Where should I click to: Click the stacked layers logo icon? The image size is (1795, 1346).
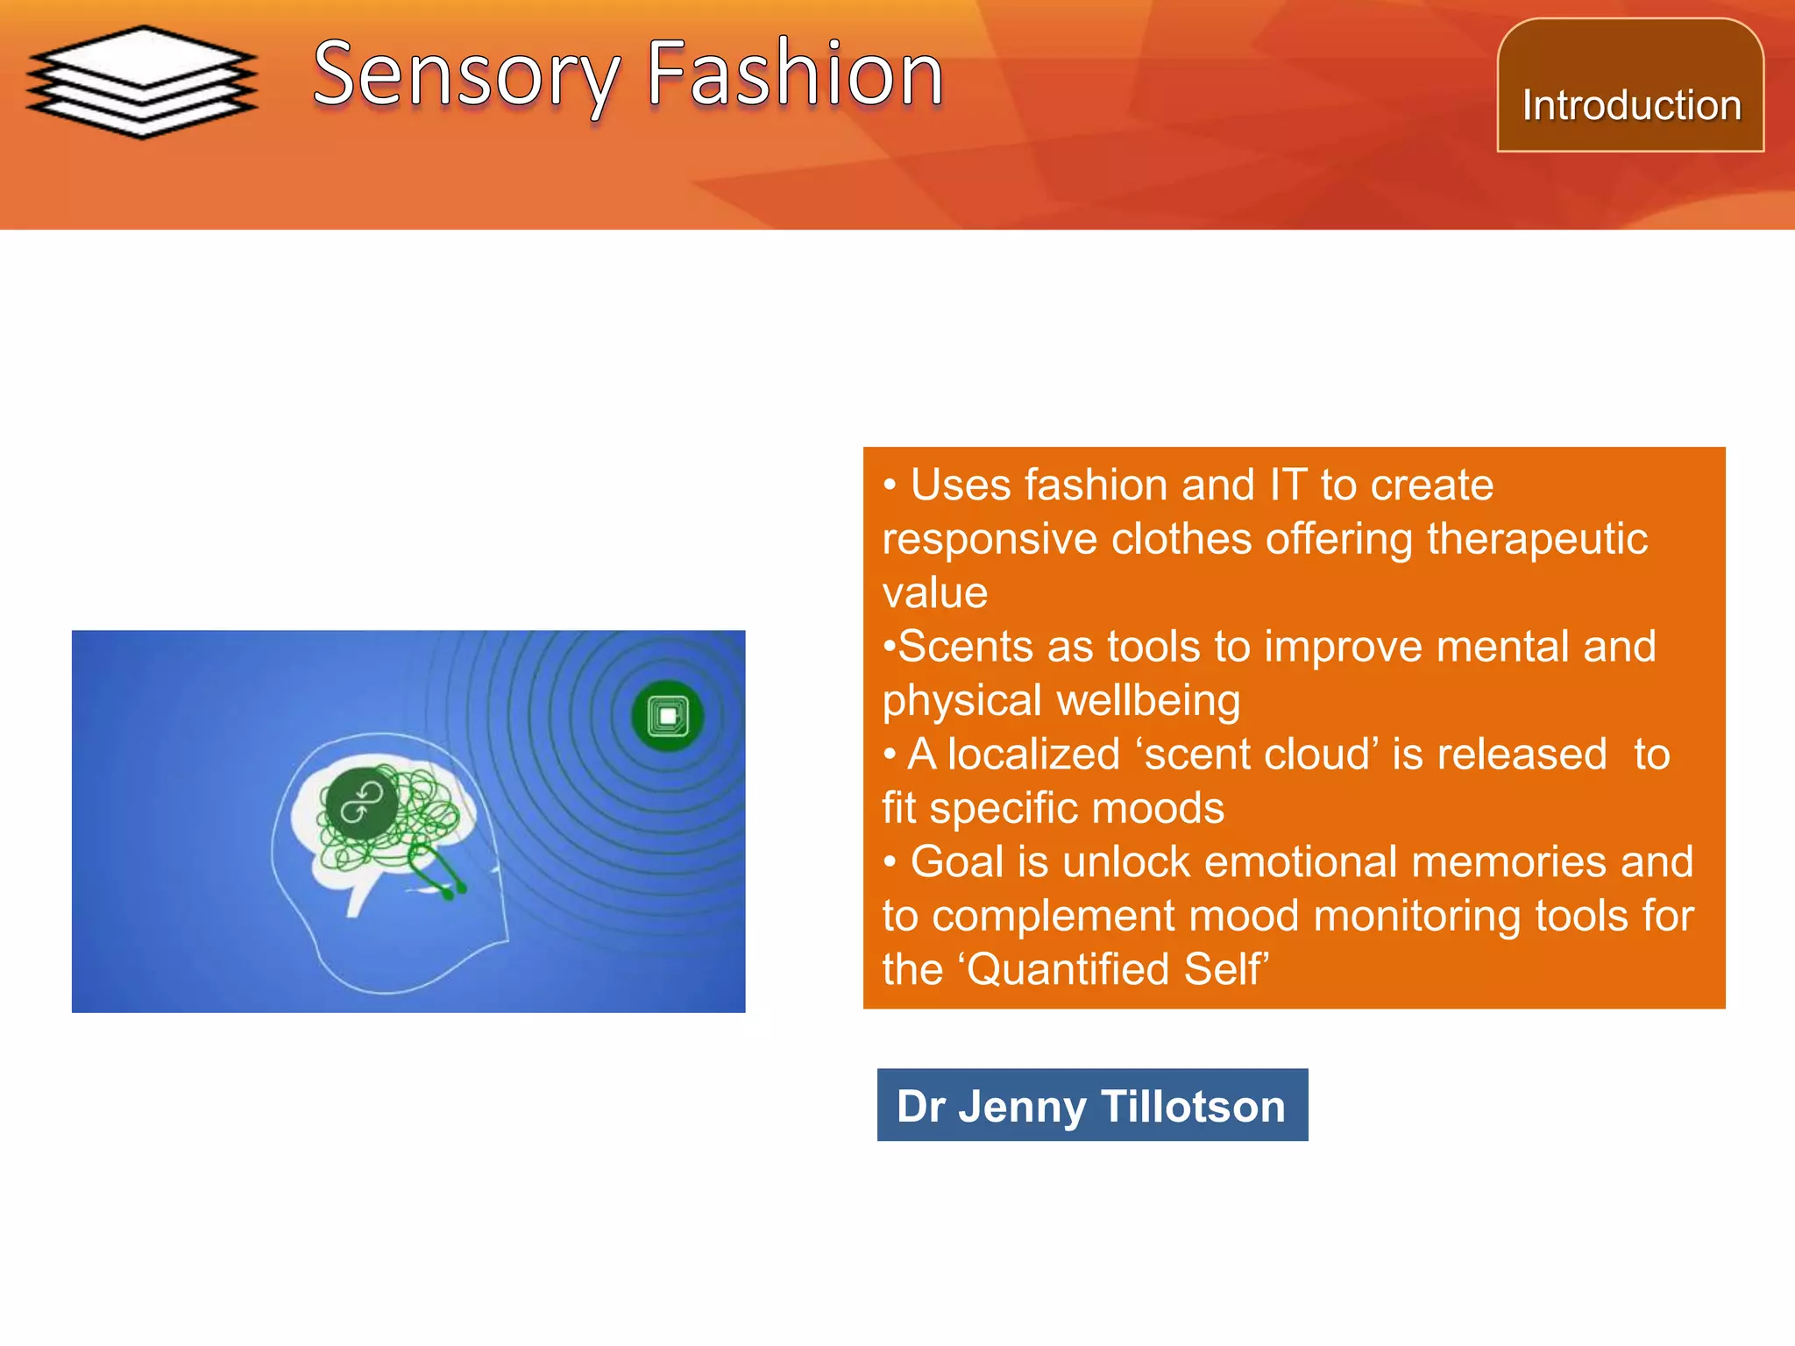coord(142,81)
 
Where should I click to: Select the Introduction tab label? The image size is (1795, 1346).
coord(1631,105)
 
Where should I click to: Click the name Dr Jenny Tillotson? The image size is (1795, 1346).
coord(1091,1106)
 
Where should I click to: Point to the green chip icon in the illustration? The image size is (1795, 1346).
coord(668,716)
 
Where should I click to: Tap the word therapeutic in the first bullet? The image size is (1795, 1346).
coord(1536,539)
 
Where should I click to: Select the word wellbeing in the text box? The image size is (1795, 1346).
coord(1148,701)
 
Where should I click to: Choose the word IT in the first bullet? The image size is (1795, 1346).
coord(1288,485)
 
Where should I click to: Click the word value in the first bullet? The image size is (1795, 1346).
coord(934,593)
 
